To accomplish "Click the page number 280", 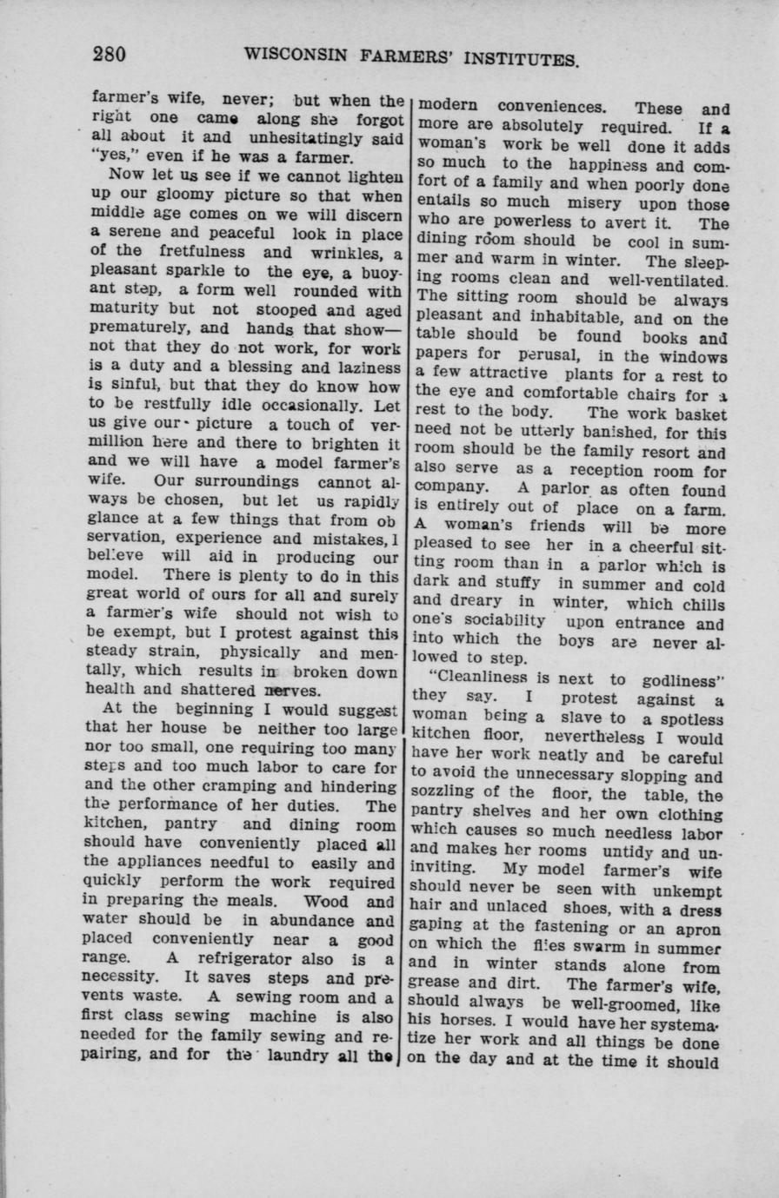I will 110,55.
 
